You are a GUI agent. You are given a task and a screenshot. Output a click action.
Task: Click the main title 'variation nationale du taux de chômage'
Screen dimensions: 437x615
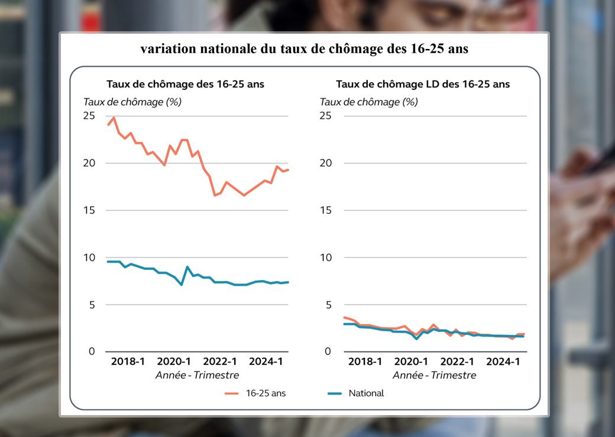[x=304, y=49]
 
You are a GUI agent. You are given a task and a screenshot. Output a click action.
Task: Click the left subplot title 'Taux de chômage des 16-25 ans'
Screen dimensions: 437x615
[x=185, y=84]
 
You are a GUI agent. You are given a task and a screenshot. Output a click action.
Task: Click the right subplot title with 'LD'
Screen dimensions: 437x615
[x=422, y=84]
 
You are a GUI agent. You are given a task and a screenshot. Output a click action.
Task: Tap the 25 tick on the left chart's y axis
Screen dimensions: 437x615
[x=89, y=115]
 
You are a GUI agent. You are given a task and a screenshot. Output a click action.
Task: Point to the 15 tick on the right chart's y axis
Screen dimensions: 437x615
[x=325, y=210]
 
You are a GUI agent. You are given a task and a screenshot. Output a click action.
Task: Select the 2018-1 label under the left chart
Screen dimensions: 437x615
[x=128, y=361]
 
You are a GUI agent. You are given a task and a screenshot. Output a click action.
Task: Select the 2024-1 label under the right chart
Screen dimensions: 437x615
[x=503, y=361]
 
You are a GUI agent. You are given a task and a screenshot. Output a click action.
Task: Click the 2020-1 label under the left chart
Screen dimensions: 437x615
[x=174, y=361]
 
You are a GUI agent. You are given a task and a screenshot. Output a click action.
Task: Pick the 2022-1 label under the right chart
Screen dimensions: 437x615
[x=457, y=361]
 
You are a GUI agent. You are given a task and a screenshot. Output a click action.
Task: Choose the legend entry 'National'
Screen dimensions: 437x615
[x=366, y=393]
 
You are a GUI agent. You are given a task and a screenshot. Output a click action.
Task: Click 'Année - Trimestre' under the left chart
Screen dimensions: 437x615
[x=198, y=375]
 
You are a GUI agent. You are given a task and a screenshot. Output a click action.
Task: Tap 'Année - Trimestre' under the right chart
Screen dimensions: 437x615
[x=434, y=375]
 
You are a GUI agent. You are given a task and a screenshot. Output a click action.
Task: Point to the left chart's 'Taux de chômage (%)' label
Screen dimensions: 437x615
[x=132, y=102]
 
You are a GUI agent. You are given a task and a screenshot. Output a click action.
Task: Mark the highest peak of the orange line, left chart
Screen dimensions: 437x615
[x=114, y=118]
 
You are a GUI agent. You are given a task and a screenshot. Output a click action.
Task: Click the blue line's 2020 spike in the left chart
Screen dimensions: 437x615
[x=187, y=267]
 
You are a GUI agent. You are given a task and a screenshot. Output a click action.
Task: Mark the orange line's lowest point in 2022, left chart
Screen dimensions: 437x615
[x=215, y=195]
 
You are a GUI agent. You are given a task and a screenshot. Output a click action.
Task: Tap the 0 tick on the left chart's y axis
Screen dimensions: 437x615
[x=92, y=351]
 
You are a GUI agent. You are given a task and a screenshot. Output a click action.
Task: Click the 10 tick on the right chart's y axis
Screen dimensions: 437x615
[x=325, y=257]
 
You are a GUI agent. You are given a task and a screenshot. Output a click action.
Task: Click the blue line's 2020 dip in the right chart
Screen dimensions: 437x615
[x=416, y=338]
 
